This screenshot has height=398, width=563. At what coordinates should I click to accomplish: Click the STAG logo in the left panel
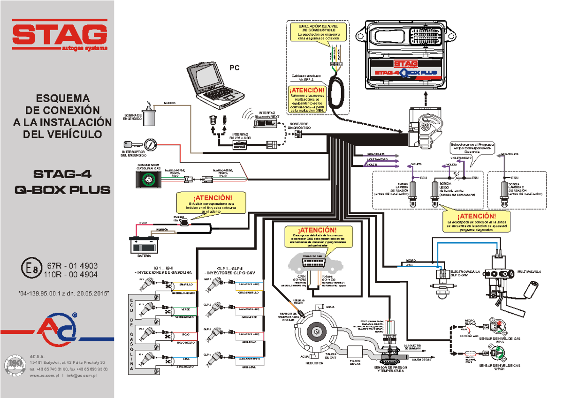(59, 34)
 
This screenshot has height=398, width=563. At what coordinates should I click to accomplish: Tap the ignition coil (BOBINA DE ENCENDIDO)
(149, 114)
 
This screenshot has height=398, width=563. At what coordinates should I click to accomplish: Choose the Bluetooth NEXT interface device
(265, 123)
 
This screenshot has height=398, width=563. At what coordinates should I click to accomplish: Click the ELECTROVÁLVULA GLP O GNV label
(467, 273)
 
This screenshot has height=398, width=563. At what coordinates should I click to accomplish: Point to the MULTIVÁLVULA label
(529, 271)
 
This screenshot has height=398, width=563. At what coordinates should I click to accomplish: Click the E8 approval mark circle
(31, 270)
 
